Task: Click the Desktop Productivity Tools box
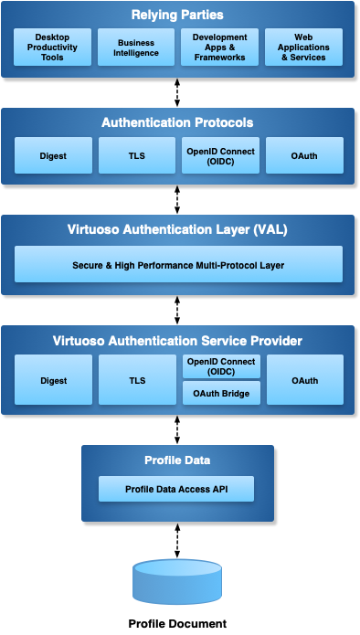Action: [52, 47]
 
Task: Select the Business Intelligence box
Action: [136, 47]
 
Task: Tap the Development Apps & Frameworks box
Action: [219, 47]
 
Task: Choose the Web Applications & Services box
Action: [303, 47]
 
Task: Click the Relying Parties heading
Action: [177, 15]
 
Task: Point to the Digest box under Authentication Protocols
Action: [54, 155]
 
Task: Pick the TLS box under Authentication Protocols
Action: [137, 155]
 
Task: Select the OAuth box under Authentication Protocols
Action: [304, 155]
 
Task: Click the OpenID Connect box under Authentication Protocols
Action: [221, 155]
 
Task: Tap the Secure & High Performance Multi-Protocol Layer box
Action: [178, 264]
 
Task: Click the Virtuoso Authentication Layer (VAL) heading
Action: [177, 229]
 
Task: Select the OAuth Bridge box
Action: [221, 393]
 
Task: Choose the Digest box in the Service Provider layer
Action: [54, 380]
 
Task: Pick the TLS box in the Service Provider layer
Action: [137, 380]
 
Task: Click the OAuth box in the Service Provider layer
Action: [305, 380]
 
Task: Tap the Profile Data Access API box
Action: [176, 489]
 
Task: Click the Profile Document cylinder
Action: [177, 582]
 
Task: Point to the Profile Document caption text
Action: [177, 623]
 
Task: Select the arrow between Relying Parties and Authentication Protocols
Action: [177, 93]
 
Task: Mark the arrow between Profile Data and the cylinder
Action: [177, 541]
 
